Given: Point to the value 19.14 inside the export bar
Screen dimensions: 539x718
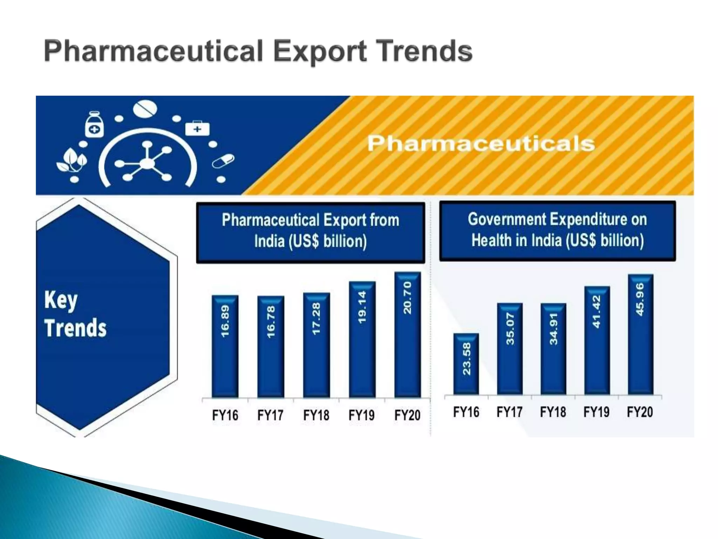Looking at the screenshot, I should pyautogui.click(x=362, y=307).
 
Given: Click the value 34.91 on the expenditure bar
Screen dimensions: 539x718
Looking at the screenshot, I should pyautogui.click(x=553, y=329).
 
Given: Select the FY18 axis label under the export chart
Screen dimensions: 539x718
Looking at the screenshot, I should pyautogui.click(x=316, y=415).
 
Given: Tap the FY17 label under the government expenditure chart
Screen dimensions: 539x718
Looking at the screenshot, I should pyautogui.click(x=509, y=412).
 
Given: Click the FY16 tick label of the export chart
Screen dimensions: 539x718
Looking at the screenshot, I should pyautogui.click(x=225, y=415).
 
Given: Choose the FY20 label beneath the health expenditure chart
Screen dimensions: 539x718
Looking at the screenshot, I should pyautogui.click(x=640, y=412).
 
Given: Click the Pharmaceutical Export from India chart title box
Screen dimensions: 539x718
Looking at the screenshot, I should pyautogui.click(x=310, y=232).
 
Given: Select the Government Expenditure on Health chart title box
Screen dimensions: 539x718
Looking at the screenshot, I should pyautogui.click(x=557, y=231).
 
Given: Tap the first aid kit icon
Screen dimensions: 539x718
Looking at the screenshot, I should pyautogui.click(x=197, y=128).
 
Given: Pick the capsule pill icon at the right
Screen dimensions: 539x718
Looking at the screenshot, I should pyautogui.click(x=223, y=161).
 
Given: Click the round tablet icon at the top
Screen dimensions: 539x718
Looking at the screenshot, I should pyautogui.click(x=145, y=109).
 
